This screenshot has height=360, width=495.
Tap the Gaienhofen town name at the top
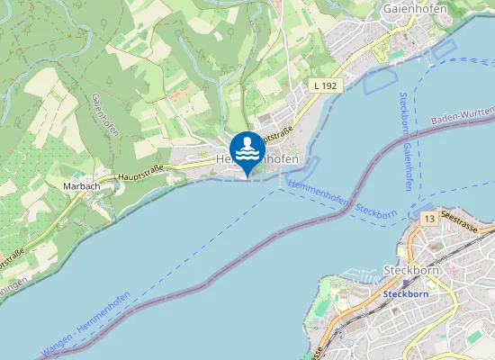pyautogui.click(x=416, y=9)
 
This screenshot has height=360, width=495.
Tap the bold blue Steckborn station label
pyautogui.click(x=403, y=293)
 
